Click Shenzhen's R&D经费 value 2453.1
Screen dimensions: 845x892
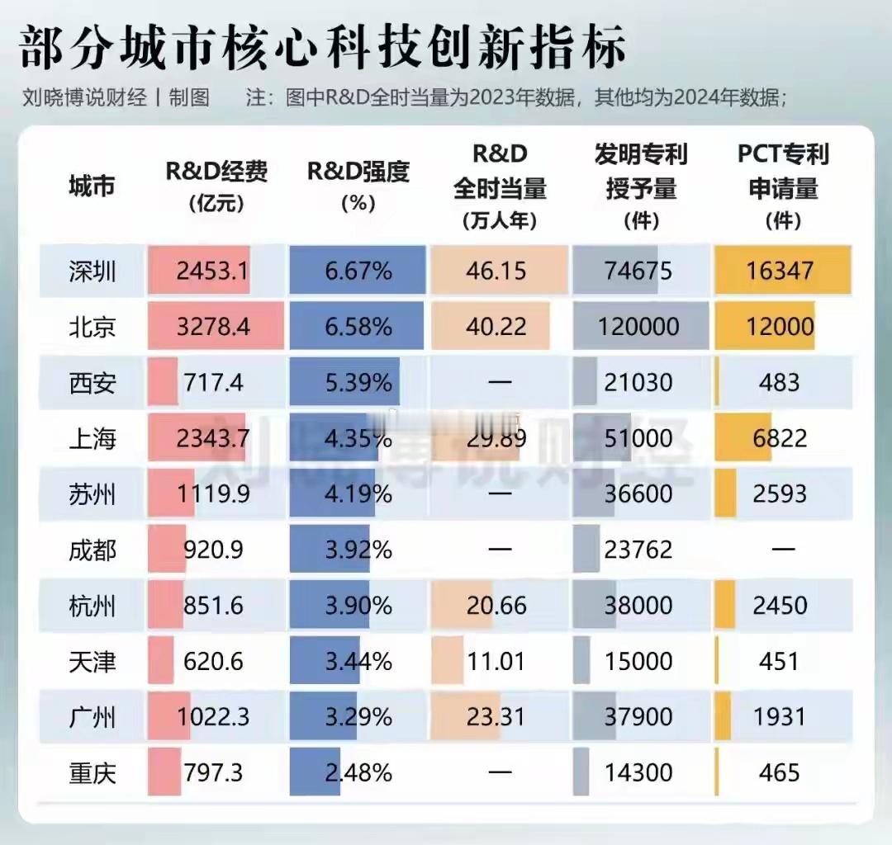coord(212,271)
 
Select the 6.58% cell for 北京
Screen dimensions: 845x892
coord(358,327)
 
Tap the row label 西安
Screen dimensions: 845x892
coord(93,383)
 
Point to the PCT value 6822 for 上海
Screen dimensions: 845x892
coord(779,438)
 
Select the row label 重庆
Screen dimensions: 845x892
coord(93,773)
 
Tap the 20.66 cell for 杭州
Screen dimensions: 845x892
coord(496,606)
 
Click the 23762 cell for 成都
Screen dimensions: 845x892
coord(638,550)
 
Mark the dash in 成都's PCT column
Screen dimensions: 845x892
coord(781,550)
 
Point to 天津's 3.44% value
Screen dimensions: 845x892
coord(358,662)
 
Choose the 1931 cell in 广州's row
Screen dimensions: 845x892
coord(779,717)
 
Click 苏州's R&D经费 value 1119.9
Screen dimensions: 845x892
coord(212,494)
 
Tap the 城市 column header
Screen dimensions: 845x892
coord(92,186)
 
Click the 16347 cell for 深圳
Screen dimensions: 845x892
coord(780,271)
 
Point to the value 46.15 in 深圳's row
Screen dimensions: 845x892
coord(496,271)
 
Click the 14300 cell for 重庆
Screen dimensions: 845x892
coord(638,773)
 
